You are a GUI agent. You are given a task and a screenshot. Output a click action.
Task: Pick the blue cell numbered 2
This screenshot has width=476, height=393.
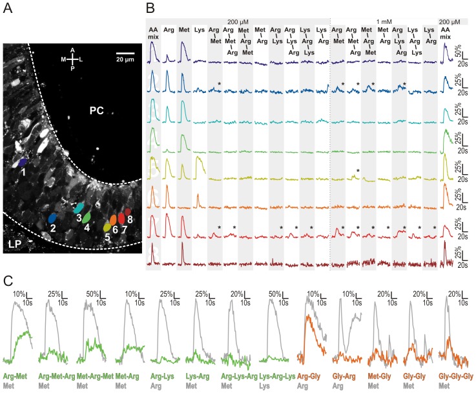pyautogui.click(x=52, y=218)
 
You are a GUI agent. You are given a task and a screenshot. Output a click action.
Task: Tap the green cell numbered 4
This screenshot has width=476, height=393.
pyautogui.click(x=87, y=217)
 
